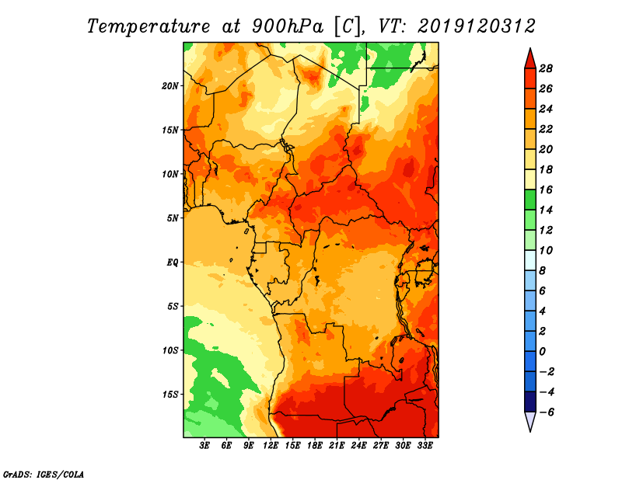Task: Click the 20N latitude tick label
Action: pos(170,85)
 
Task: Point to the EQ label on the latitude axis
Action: pos(173,262)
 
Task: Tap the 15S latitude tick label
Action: pos(170,394)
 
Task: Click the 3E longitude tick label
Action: pos(205,446)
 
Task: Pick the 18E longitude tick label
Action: pos(315,446)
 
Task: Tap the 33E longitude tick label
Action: pos(425,446)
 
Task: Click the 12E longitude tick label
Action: pos(271,446)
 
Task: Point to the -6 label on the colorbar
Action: pos(545,412)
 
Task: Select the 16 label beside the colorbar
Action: pos(545,190)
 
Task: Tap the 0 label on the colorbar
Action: pos(543,351)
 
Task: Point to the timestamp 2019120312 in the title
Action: pos(477,26)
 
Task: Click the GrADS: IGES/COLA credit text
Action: pos(43,473)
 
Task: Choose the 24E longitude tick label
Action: pos(359,446)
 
